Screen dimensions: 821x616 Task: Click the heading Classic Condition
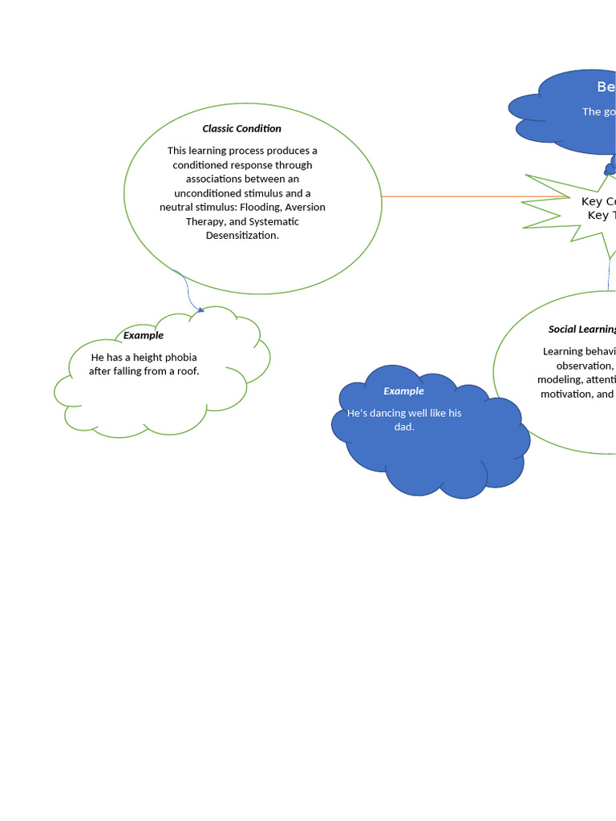coord(241,128)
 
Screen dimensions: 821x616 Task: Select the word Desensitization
coord(242,236)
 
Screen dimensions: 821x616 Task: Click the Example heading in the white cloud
coord(144,335)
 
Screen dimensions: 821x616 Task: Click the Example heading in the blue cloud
coord(403,391)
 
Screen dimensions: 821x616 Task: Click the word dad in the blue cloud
coord(403,427)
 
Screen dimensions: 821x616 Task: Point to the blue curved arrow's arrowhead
coord(201,309)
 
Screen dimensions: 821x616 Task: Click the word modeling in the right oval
coord(560,380)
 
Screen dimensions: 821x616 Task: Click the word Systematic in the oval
coord(274,222)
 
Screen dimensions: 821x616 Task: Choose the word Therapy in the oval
coord(205,222)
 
